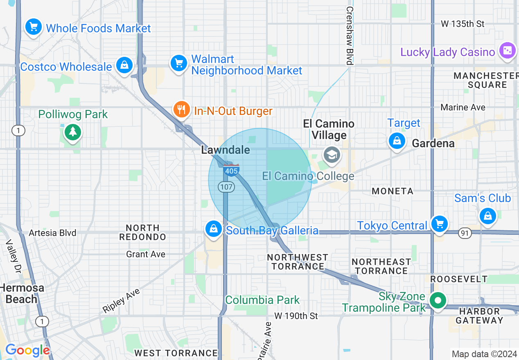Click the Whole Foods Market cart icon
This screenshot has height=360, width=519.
[33, 27]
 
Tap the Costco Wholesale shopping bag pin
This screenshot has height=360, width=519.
[123, 65]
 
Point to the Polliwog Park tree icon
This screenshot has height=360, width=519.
[73, 131]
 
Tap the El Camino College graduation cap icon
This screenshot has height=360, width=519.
[331, 155]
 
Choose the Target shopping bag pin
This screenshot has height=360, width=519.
[396, 141]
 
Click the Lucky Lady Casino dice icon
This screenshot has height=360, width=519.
[507, 51]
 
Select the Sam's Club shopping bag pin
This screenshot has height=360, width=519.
[487, 215]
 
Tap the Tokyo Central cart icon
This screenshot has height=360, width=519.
[440, 224]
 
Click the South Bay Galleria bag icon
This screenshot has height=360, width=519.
[213, 228]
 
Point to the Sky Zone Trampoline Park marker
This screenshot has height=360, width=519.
[438, 301]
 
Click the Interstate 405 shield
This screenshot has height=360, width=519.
[232, 171]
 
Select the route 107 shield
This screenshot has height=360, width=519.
[226, 187]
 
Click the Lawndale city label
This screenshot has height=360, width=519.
[226, 150]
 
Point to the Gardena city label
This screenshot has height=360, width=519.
[433, 143]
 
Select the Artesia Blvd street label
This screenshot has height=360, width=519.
[52, 233]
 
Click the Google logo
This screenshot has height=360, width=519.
[27, 350]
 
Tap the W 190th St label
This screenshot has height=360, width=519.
[296, 316]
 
